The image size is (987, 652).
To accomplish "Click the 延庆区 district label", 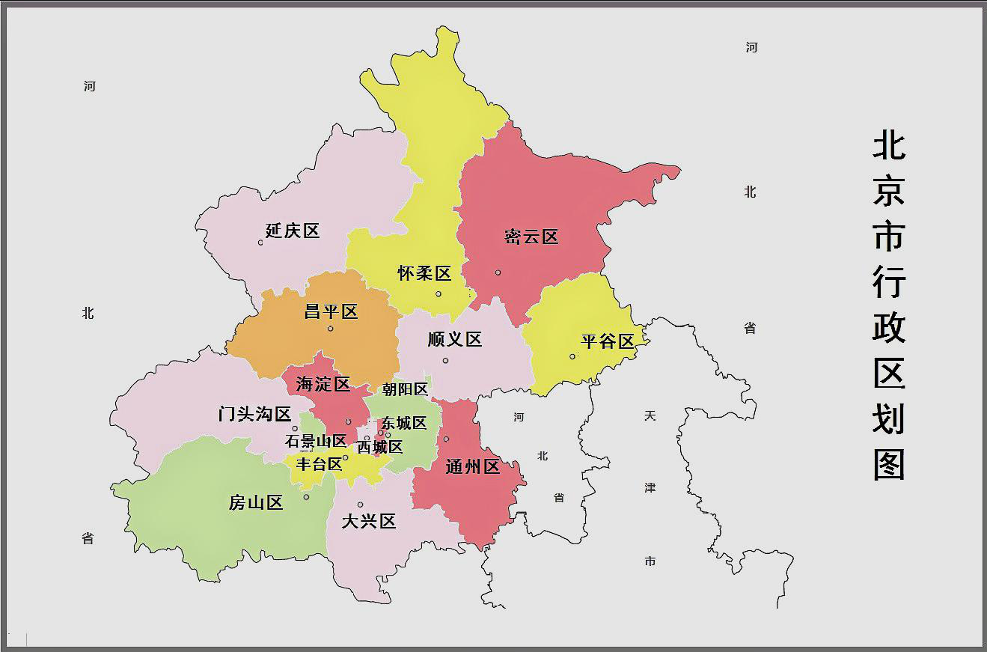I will pos(293,231).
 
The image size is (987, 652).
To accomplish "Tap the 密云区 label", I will pos(531,237).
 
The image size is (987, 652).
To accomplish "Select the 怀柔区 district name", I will pos(424,273).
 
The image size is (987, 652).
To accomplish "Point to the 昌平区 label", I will pos(331,311).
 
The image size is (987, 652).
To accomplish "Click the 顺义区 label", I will pos(455,340).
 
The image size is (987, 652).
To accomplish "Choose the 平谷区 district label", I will pos(608,341).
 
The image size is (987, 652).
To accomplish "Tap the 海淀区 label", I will pos(323,385).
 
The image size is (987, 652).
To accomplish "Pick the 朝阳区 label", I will pos(405,389).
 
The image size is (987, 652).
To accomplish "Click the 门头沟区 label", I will pos(254,414).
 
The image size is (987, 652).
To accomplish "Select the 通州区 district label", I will pos(472,467).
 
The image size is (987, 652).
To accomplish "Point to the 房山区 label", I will pos(256,503).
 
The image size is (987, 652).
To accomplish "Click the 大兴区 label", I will pos(368,522).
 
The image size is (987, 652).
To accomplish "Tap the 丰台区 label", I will pos(319,464).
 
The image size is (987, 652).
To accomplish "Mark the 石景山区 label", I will pos(316,442).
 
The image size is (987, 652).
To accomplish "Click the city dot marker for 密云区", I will pos(498,272).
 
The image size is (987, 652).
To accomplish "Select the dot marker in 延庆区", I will pos(260,242).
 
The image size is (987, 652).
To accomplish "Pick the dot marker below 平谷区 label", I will pos(572,356).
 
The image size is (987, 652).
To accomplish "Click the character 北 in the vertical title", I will pos(889,146).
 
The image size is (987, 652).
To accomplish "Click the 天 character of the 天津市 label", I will pos(650,415).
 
